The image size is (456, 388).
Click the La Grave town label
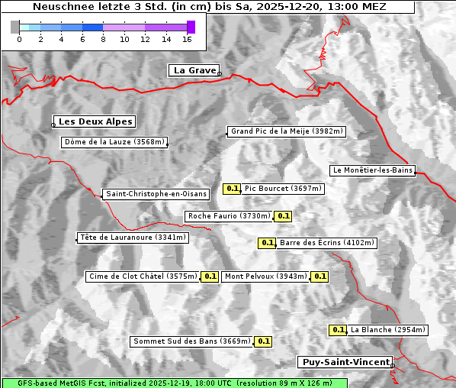coord(194,70)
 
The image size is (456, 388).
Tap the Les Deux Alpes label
coord(96,121)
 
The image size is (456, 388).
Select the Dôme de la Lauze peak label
coord(114,142)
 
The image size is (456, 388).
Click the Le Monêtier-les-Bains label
coord(372,170)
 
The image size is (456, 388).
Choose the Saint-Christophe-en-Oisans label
coord(156,194)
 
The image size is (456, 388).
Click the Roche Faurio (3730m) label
coord(229,216)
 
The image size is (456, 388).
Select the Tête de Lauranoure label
coord(133,238)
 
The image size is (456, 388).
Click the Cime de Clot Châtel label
coord(143,276)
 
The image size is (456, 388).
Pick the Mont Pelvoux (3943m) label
coord(265,276)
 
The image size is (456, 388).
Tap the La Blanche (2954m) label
coord(387,330)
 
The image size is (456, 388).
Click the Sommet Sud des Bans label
coord(191,341)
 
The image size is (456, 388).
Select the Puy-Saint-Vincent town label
coord(345,362)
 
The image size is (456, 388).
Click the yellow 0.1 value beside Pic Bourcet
coord(233,189)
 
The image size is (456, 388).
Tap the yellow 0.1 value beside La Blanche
coord(338,330)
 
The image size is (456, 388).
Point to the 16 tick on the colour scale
coord(187,38)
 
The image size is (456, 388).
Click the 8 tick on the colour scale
coord(102,38)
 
